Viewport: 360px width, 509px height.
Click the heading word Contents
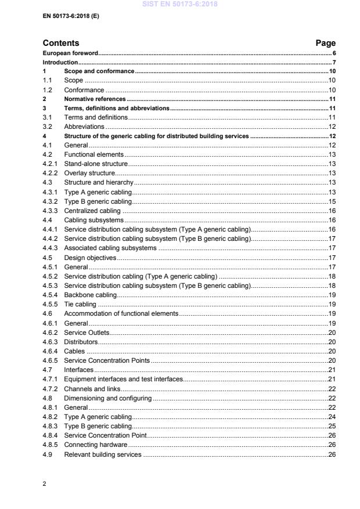pyautogui.click(x=61, y=43)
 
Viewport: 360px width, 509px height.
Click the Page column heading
pyautogui.click(x=325, y=43)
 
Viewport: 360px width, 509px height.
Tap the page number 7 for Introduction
pyautogui.click(x=334, y=62)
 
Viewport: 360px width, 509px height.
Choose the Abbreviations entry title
pyautogui.click(x=84, y=127)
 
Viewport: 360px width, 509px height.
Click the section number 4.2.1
pyautogui.click(x=51, y=164)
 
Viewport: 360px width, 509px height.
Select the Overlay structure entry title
pyautogui.click(x=89, y=173)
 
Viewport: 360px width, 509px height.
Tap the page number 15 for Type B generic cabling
pyautogui.click(x=332, y=201)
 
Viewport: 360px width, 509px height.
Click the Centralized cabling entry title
pyautogui.click(x=92, y=211)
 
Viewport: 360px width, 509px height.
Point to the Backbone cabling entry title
pyautogui.click(x=90, y=295)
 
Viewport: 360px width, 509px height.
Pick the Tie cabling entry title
pyautogui.click(x=80, y=304)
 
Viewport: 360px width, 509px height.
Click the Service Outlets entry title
pyautogui.click(x=87, y=333)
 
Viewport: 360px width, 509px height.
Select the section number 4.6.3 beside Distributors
pyautogui.click(x=51, y=342)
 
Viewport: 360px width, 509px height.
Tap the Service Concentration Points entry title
pyautogui.click(x=107, y=360)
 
